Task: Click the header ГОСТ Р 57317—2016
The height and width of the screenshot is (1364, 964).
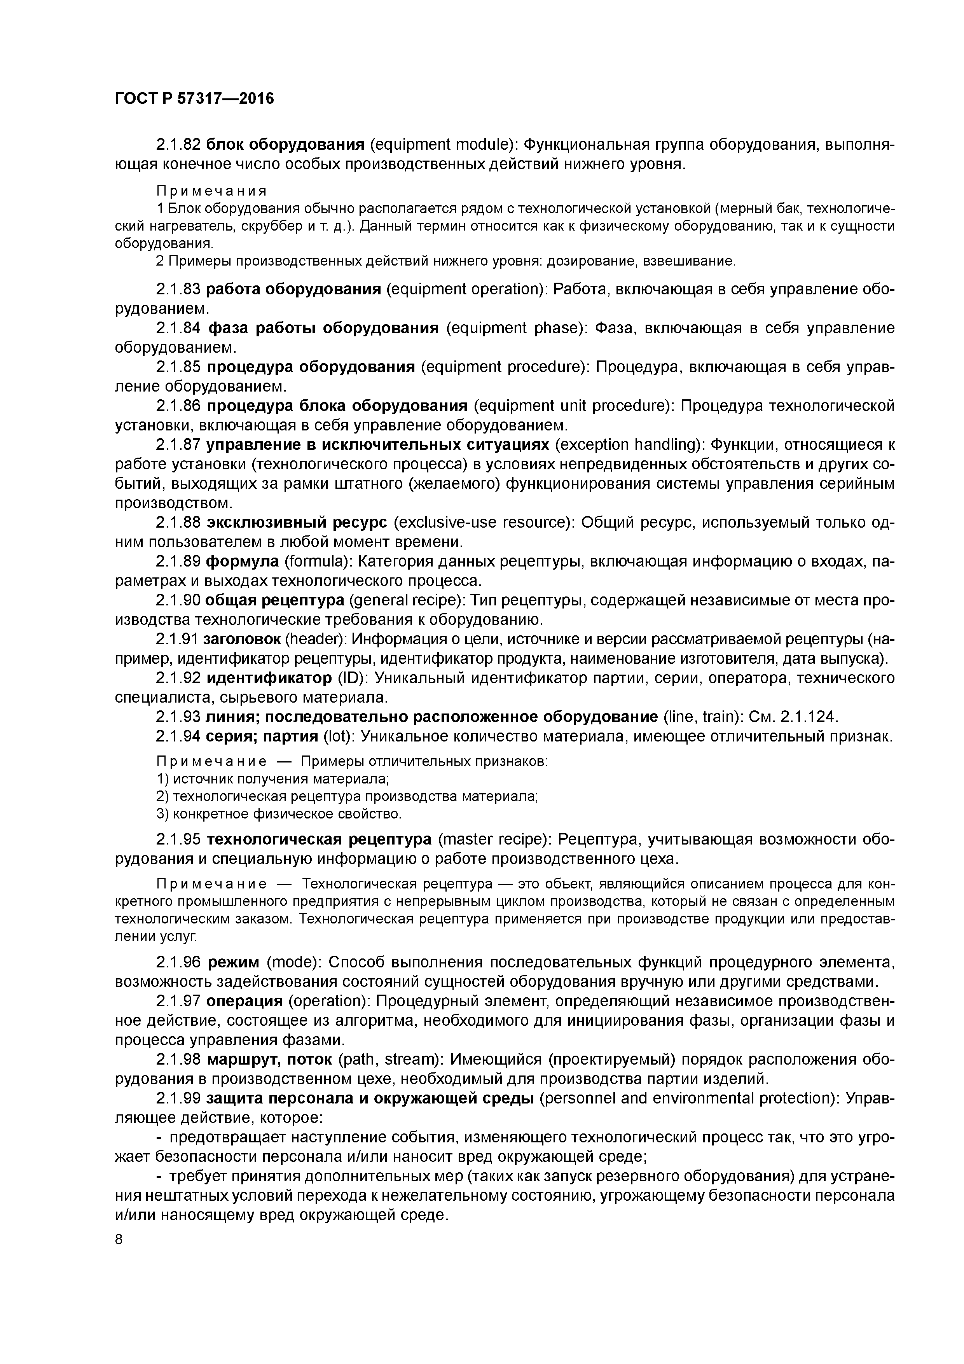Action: click(x=194, y=99)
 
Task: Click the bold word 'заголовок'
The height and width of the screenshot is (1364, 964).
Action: click(x=242, y=639)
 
